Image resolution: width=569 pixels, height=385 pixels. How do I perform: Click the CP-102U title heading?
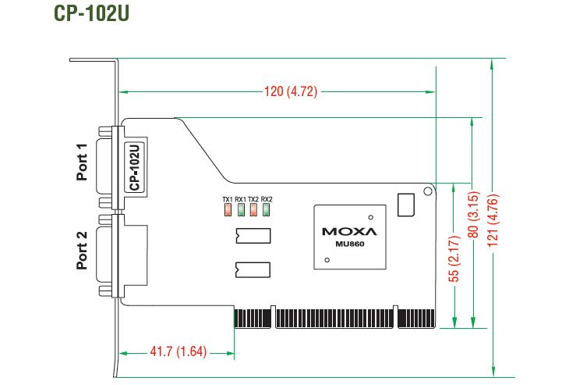pyautogui.click(x=91, y=13)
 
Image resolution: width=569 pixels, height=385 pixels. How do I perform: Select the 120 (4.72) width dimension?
pyautogui.click(x=291, y=91)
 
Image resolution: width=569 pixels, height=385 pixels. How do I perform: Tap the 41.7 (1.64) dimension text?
pyautogui.click(x=178, y=351)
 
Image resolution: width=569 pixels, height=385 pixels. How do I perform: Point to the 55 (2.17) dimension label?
pyautogui.click(x=454, y=258)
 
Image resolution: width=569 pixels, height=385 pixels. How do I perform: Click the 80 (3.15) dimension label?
pyautogui.click(x=473, y=215)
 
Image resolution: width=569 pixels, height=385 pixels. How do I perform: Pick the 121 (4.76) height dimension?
pyautogui.click(x=493, y=220)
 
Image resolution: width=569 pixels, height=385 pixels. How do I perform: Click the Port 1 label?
pyautogui.click(x=82, y=162)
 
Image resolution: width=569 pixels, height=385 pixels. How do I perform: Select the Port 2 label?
pyautogui.click(x=82, y=251)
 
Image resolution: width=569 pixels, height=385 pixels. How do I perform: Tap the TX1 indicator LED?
pyautogui.click(x=228, y=210)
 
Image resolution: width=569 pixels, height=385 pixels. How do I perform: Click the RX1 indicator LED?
pyautogui.click(x=241, y=210)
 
